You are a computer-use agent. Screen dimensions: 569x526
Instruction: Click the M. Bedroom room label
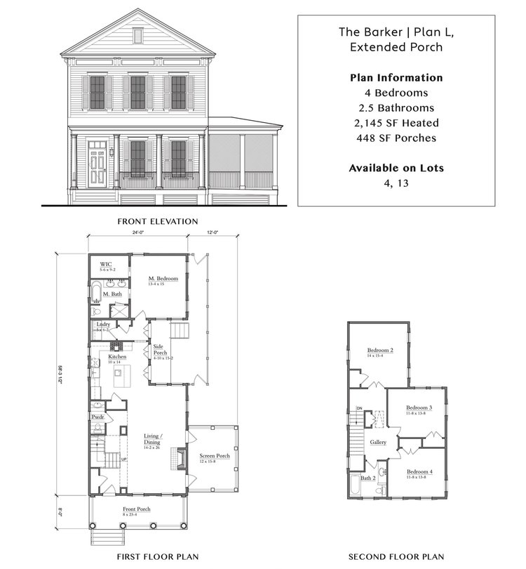pyautogui.click(x=163, y=279)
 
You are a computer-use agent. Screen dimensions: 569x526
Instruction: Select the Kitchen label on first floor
pyautogui.click(x=117, y=357)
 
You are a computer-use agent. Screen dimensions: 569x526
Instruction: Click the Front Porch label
pyautogui.click(x=137, y=509)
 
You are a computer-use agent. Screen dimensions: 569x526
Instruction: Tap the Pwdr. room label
pyautogui.click(x=97, y=417)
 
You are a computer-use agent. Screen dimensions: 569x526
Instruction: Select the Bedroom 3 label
pyautogui.click(x=419, y=407)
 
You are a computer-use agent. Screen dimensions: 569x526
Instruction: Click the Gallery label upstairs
pyautogui.click(x=378, y=443)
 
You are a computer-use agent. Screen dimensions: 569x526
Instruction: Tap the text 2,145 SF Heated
pyautogui.click(x=396, y=123)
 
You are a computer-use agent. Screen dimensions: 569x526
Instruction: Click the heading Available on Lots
pyautogui.click(x=396, y=168)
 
